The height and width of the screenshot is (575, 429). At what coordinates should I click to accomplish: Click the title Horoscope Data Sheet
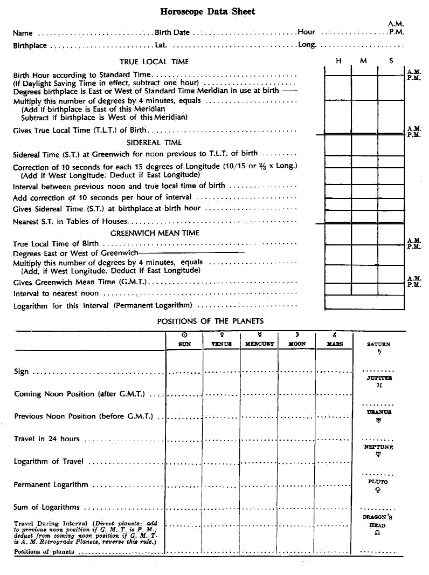point(207,11)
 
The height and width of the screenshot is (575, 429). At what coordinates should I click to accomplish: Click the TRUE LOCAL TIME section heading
point(154,62)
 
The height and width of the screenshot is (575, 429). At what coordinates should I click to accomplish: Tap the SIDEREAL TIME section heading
point(154,143)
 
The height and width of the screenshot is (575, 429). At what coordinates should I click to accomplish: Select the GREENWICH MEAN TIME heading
point(155,233)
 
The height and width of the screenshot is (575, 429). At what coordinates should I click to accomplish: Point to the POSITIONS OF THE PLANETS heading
point(210,321)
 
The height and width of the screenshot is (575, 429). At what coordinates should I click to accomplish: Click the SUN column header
point(184,344)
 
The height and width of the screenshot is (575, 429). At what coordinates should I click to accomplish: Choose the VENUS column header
point(222,344)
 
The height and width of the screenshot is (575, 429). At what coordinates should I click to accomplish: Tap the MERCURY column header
point(260,344)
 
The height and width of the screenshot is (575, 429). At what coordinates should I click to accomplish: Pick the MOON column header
point(297,344)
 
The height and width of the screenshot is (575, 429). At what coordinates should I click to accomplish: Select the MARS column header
point(334,344)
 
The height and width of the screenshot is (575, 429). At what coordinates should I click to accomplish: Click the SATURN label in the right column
point(378,344)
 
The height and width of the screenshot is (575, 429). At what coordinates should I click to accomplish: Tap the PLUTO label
point(378,482)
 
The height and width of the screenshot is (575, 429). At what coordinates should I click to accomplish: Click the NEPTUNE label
point(378,447)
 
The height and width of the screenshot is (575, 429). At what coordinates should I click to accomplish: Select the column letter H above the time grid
point(338,61)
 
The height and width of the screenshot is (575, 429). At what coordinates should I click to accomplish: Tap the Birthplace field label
point(30,46)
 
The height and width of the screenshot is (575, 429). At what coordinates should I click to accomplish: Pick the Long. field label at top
point(307,45)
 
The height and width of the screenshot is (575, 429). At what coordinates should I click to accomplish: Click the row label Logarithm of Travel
point(49,462)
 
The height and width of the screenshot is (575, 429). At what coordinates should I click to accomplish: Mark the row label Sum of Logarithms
point(47,507)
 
